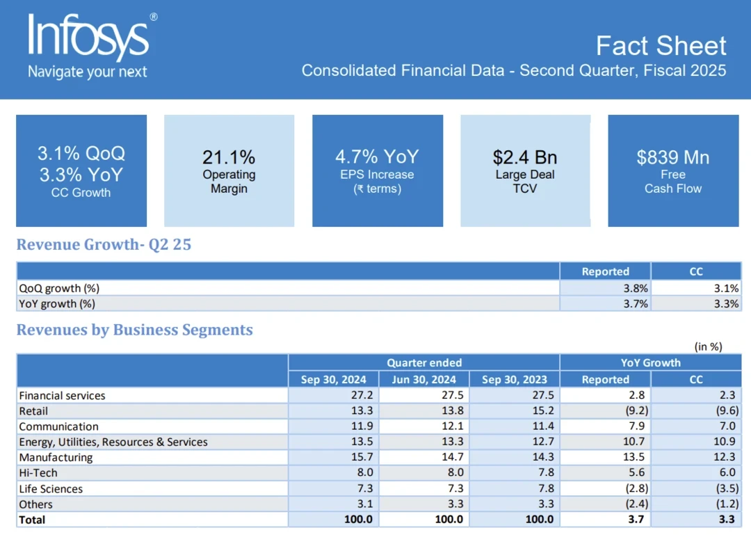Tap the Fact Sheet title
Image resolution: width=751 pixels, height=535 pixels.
click(661, 46)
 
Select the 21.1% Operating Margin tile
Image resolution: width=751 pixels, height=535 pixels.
click(229, 170)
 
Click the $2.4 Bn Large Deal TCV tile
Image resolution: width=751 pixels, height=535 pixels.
click(525, 170)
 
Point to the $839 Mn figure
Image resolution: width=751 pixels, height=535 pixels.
click(672, 157)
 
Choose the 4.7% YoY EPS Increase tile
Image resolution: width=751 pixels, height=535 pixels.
click(377, 170)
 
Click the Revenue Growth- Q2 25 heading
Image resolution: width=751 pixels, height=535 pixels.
click(104, 245)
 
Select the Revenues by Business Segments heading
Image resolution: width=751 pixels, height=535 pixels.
click(134, 330)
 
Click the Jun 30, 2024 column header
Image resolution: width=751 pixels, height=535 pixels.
click(423, 379)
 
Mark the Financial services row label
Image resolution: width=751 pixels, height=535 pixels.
click(62, 395)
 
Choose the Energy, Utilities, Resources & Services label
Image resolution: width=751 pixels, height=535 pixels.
click(113, 442)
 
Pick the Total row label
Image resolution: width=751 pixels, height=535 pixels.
click(32, 520)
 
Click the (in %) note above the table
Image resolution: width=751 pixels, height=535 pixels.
click(708, 346)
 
